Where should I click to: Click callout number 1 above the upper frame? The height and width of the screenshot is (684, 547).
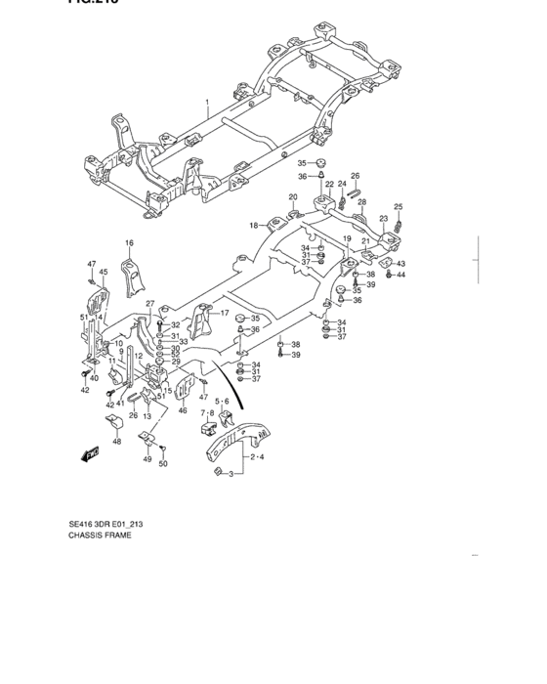point(207,103)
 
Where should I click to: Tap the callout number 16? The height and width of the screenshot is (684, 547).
point(128,242)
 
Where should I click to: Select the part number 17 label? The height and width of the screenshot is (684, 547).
point(224,313)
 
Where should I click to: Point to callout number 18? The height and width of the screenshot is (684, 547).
point(253,225)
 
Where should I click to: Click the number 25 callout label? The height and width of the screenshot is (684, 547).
point(398,206)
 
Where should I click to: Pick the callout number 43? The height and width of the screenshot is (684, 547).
point(401,264)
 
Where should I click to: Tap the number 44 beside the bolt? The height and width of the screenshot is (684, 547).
point(401,275)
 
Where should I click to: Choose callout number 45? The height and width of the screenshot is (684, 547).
point(104,273)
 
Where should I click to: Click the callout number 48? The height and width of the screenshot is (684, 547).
point(117,442)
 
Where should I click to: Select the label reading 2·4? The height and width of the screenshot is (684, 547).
point(256,456)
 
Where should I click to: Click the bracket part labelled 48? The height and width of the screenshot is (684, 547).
point(113,422)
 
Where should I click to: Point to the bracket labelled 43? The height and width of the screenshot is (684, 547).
point(385,262)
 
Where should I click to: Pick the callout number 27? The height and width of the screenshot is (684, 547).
point(150,304)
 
